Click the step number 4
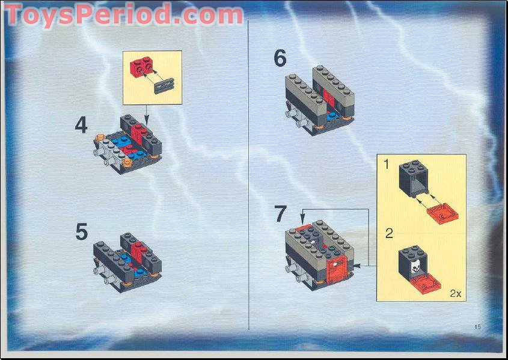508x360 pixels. pos(81,125)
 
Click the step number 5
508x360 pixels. pos(82,232)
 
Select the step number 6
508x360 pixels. pos(280,59)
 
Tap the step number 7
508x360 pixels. pos(281,215)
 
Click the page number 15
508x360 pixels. pos(477,327)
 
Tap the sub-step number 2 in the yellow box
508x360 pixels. pos(389,234)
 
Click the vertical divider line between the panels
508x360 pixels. pos(248,174)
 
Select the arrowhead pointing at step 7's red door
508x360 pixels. pos(353,264)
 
